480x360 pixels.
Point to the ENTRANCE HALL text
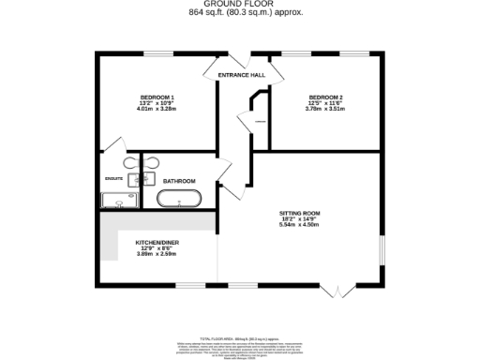(x=242, y=74)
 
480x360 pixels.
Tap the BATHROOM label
(x=179, y=180)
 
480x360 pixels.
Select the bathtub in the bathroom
(x=177, y=199)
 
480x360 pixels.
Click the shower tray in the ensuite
(x=118, y=199)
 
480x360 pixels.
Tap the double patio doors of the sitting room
(x=334, y=292)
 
